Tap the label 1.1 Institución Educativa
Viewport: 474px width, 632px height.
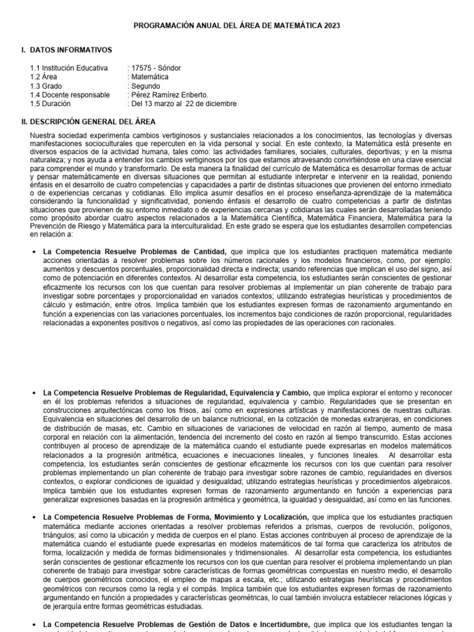[69, 68]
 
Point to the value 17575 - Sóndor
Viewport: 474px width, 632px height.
[154, 68]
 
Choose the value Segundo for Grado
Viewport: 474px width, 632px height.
[146, 86]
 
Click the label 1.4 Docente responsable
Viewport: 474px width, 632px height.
[70, 95]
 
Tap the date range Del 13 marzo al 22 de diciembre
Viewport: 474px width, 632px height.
[184, 104]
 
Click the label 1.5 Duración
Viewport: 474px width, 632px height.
[50, 104]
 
